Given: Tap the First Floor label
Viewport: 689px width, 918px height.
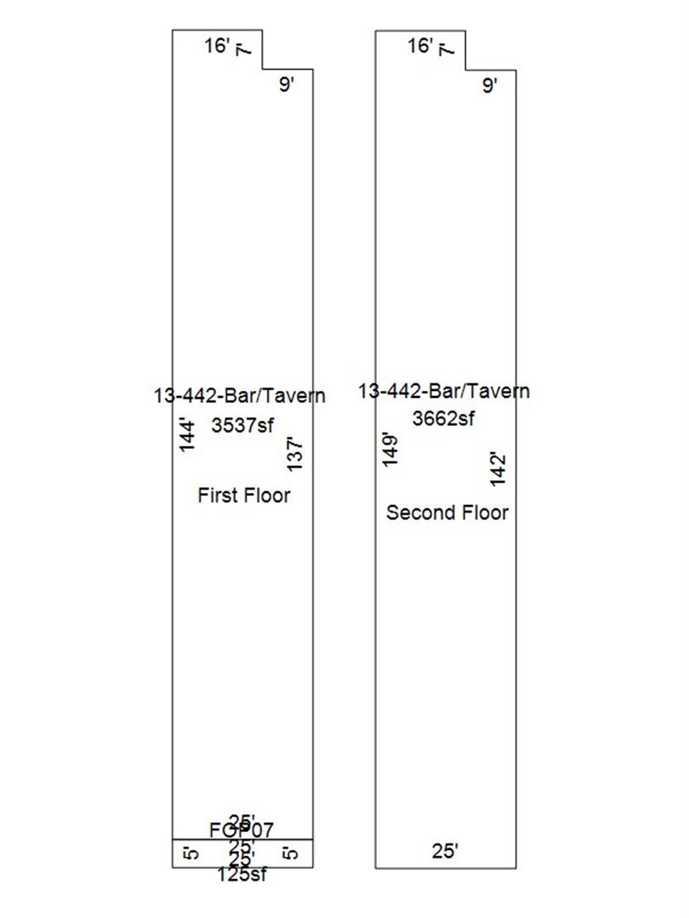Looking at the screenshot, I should (243, 495).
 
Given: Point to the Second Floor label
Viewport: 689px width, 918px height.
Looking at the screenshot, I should (447, 513).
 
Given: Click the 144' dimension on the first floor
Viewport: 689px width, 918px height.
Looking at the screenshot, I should (188, 433).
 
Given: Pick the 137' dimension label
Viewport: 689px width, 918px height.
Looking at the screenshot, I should (294, 454).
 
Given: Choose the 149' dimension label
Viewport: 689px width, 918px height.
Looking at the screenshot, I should (390, 450).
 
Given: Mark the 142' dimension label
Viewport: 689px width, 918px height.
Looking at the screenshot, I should (498, 468).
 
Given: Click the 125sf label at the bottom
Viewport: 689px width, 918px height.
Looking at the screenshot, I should (243, 875).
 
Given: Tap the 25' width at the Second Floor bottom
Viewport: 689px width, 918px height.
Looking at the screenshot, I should (444, 850).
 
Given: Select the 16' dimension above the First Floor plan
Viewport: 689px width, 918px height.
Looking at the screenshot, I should (218, 45).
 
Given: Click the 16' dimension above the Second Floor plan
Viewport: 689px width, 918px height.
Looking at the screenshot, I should (421, 45).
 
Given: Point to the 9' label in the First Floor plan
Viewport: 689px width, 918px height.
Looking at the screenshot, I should (287, 84).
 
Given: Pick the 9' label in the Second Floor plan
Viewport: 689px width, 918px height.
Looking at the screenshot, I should (489, 84).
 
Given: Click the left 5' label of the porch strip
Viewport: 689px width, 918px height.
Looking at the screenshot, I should (191, 853).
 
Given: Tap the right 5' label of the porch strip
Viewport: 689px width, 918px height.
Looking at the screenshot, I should (292, 853).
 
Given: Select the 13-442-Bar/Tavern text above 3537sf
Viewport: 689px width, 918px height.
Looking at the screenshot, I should (239, 395).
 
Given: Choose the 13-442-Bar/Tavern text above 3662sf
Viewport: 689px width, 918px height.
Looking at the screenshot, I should (443, 391).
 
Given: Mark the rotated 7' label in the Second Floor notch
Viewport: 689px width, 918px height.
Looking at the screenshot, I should (444, 50).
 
